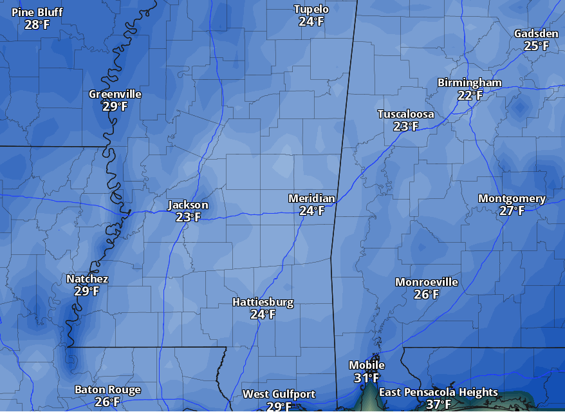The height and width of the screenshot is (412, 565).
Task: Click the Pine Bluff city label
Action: pyautogui.click(x=37, y=12)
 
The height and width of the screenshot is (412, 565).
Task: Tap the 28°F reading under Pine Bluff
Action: pyautogui.click(x=37, y=25)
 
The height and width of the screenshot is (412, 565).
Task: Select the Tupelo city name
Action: pyautogui.click(x=311, y=9)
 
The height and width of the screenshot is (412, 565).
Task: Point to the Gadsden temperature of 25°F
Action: pyautogui.click(x=536, y=46)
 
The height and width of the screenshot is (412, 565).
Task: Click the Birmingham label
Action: pyautogui.click(x=469, y=83)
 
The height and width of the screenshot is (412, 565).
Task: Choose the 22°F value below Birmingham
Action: pyautogui.click(x=470, y=95)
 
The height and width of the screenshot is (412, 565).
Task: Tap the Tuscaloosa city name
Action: pyautogui.click(x=405, y=115)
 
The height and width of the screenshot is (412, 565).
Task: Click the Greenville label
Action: pyautogui.click(x=115, y=94)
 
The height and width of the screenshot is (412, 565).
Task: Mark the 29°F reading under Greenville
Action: pyautogui.click(x=115, y=107)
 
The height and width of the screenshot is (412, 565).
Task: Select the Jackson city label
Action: pyautogui.click(x=188, y=205)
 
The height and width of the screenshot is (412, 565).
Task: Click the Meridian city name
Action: pyautogui.click(x=311, y=198)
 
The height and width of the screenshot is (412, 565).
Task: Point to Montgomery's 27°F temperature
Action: pyautogui.click(x=512, y=211)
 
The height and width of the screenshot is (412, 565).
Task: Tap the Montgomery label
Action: pyautogui.click(x=512, y=198)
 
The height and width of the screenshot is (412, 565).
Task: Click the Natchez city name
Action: pyautogui.click(x=87, y=279)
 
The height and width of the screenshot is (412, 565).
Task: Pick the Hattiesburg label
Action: pyautogui.click(x=263, y=302)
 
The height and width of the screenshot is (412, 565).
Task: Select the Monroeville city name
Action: pyautogui.click(x=426, y=282)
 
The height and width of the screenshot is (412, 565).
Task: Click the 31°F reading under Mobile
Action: pyautogui.click(x=367, y=378)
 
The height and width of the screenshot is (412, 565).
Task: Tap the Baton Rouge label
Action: pyautogui.click(x=107, y=389)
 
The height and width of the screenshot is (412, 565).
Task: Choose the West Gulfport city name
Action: pyautogui.click(x=279, y=394)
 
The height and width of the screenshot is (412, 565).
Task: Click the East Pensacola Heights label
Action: pyautogui.click(x=438, y=392)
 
